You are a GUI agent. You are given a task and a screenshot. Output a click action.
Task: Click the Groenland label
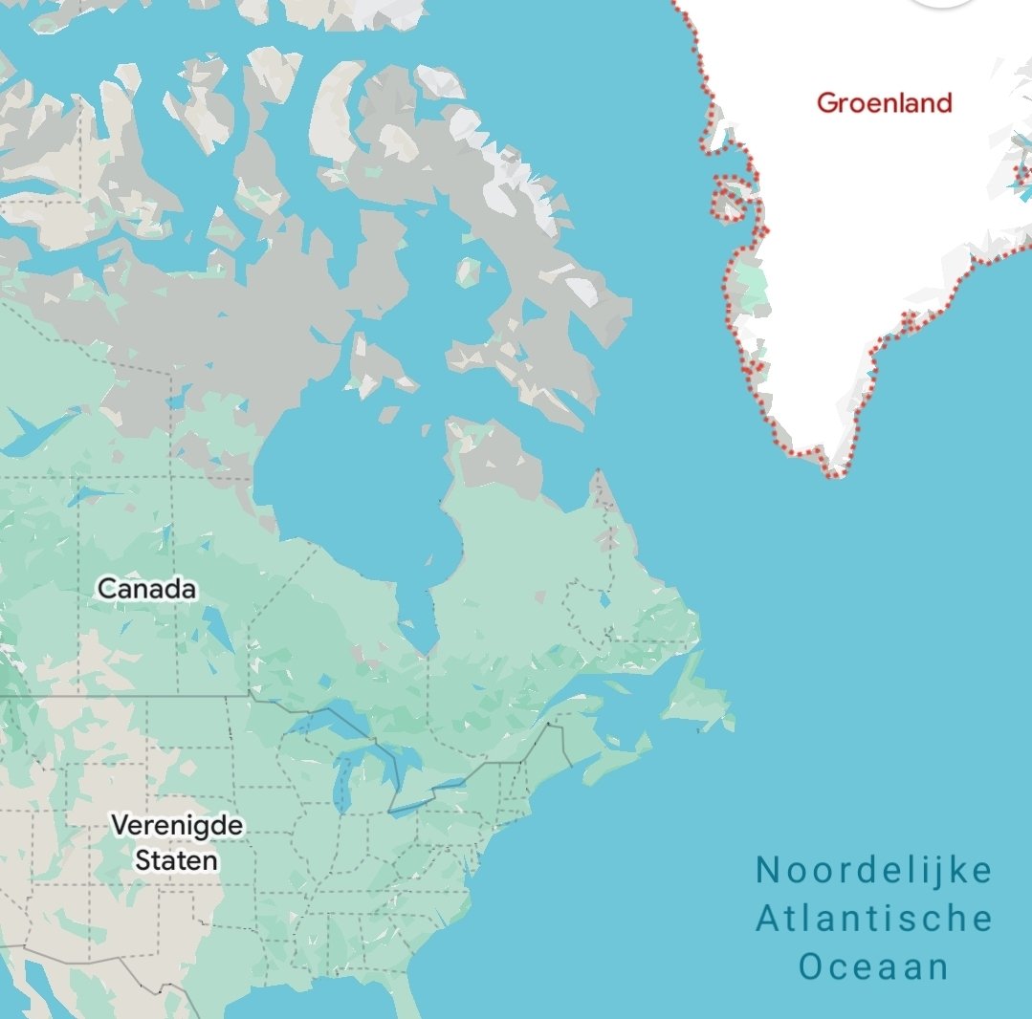(884, 102)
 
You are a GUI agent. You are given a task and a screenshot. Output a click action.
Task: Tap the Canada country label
(147, 589)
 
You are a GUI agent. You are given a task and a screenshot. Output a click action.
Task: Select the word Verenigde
(177, 825)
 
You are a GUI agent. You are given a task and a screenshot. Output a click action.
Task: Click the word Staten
(176, 860)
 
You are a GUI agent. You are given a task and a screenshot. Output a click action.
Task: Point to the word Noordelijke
(874, 871)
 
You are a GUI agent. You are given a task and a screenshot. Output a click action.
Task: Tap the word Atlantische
(874, 919)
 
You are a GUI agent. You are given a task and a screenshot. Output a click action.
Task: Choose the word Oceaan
(874, 966)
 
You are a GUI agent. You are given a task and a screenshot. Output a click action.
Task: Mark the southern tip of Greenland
(836, 471)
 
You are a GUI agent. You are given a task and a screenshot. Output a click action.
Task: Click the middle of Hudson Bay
(354, 497)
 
